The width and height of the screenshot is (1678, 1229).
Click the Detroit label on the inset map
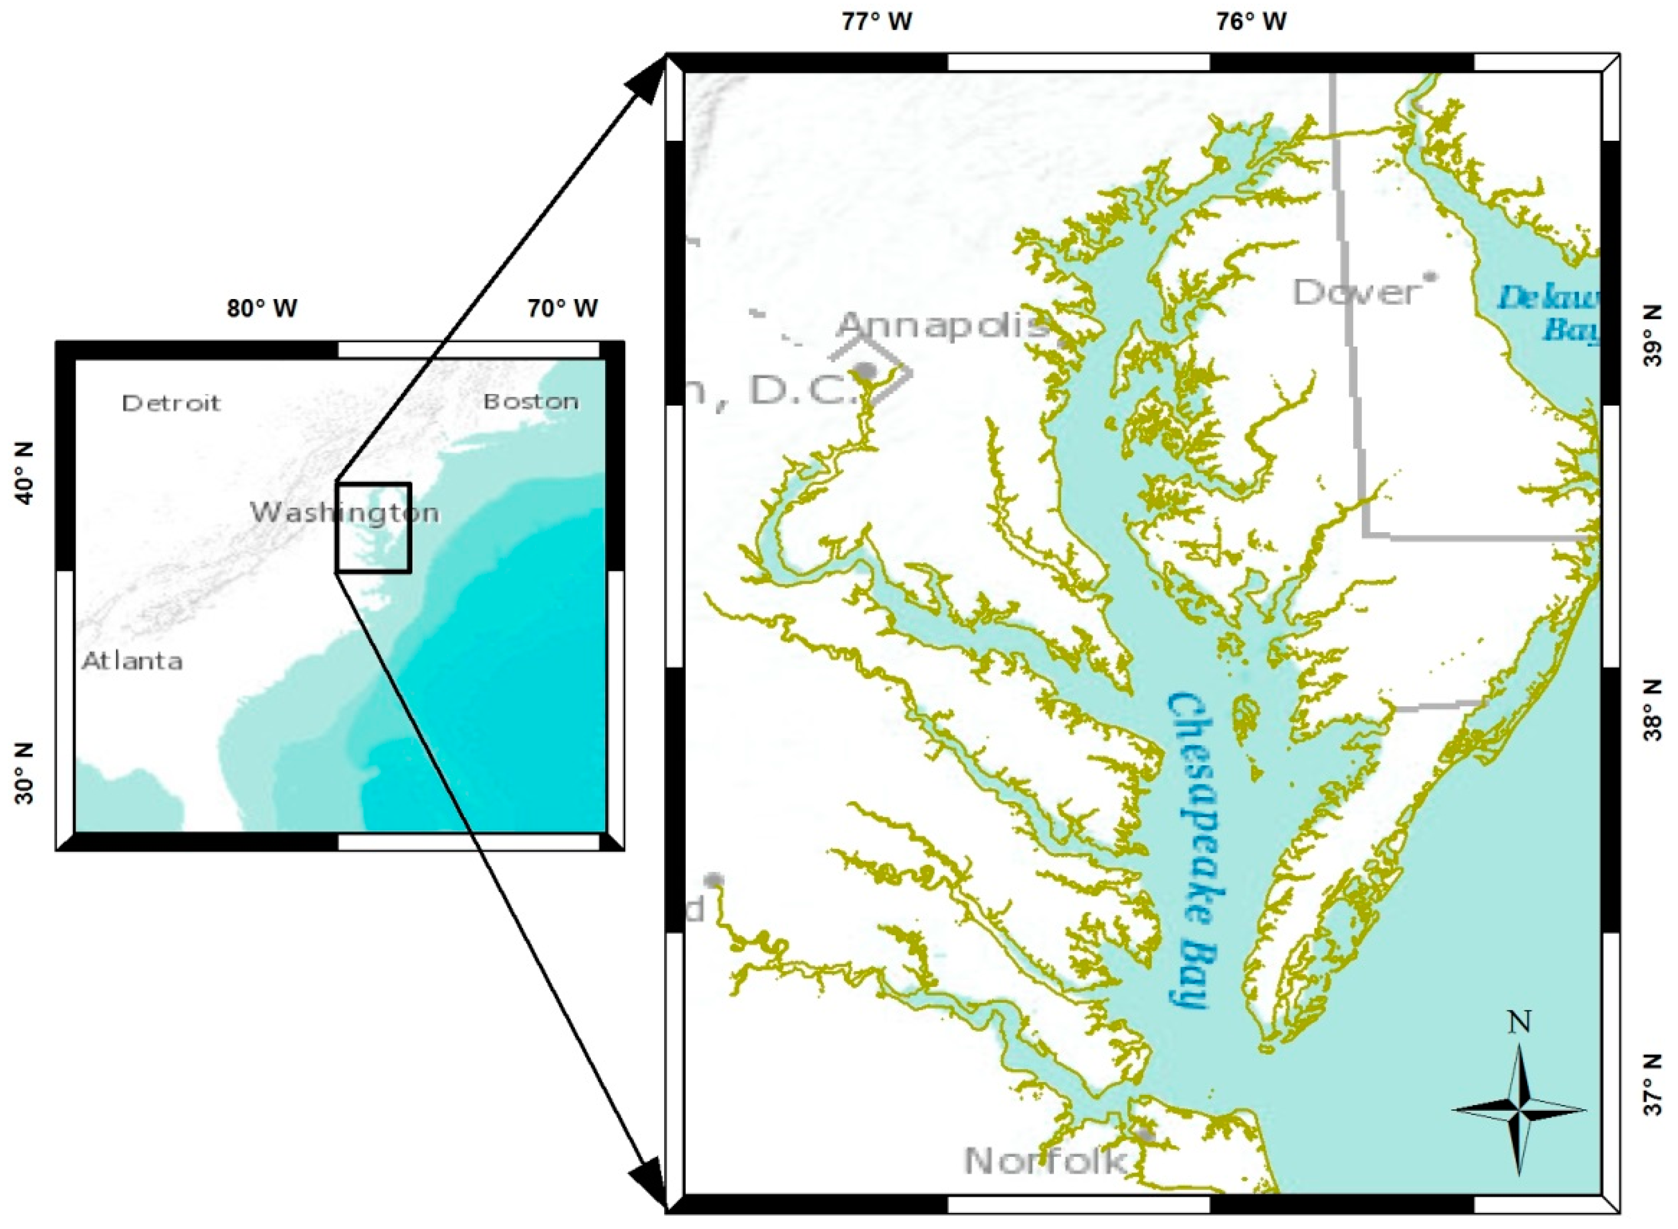[171, 403]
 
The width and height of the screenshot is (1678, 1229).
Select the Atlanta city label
[132, 660]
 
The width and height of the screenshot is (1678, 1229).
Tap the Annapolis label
[945, 325]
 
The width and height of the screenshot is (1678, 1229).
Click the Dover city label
[1355, 292]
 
